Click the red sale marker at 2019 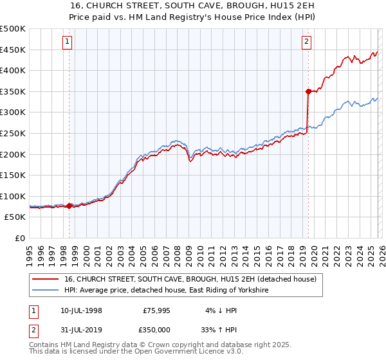coord(308,91)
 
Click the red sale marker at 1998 coord(69,206)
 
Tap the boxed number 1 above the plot coord(68,42)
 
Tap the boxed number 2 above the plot coord(307,42)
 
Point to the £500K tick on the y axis coord(13,29)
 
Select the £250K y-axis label coord(13,133)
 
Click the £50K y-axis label coord(15,217)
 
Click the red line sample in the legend coord(45,280)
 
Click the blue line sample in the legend coord(45,291)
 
